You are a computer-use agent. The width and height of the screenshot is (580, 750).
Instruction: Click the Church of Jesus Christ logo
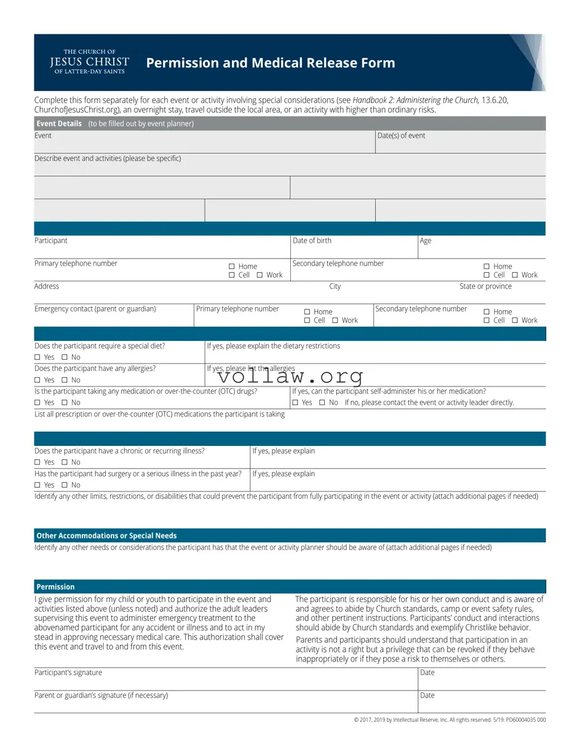coord(89,62)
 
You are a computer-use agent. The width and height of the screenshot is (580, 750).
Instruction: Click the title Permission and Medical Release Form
coord(271,63)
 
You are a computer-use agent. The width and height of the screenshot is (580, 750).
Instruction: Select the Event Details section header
coord(59,123)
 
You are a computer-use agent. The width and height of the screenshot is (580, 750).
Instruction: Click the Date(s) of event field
coord(460,143)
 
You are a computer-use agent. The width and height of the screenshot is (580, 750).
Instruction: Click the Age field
coord(481,248)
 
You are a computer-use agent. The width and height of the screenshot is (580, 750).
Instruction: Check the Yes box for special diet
coord(37,357)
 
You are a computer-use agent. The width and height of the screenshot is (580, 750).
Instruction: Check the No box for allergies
coord(64,380)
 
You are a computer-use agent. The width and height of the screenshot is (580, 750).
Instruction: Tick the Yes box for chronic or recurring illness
coord(37,463)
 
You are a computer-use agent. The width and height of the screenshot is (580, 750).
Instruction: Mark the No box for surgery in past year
coord(64,485)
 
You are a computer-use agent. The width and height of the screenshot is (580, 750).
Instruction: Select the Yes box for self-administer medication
coord(295,403)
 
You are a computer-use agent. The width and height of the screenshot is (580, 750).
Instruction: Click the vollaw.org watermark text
coord(290,376)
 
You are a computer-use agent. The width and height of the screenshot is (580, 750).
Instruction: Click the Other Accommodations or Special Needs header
coord(106,536)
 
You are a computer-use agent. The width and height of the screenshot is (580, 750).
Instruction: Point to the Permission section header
coord(55,587)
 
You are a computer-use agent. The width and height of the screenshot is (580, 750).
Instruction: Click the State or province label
coord(485,286)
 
